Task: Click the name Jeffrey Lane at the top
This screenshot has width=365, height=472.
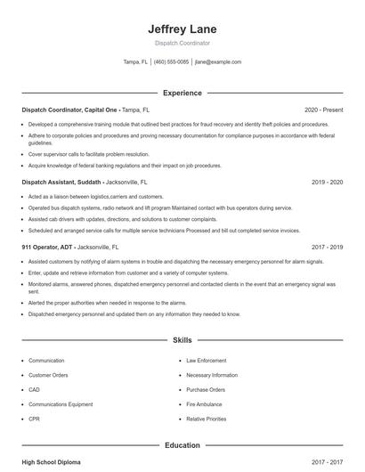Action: click(182, 29)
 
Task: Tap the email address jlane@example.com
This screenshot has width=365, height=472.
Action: click(217, 62)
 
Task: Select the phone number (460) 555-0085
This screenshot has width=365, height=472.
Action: click(171, 62)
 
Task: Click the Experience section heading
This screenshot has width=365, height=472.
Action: click(182, 93)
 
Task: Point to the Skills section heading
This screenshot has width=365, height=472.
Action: click(182, 340)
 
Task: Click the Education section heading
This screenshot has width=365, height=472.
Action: click(182, 444)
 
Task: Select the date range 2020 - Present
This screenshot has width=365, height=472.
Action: click(323, 110)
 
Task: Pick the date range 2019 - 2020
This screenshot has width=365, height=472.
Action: click(327, 182)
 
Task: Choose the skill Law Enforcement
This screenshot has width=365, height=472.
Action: click(206, 361)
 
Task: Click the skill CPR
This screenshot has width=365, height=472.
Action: click(34, 419)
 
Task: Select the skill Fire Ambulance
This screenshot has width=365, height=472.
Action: click(204, 404)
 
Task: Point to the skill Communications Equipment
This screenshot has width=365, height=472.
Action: click(61, 404)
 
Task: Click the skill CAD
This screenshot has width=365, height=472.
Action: click(34, 389)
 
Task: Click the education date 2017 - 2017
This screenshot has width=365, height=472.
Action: click(327, 462)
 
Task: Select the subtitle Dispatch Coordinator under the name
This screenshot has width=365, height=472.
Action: click(182, 43)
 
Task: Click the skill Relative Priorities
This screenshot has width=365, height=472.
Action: click(207, 419)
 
